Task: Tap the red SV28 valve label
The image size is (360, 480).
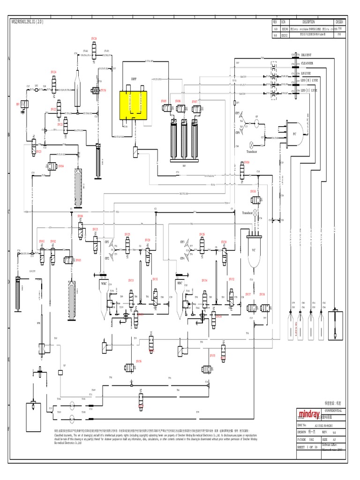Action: click(x=94, y=38)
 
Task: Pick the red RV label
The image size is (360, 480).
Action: click(x=18, y=104)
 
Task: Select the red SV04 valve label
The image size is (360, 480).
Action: click(x=61, y=165)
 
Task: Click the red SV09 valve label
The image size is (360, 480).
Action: click(x=247, y=162)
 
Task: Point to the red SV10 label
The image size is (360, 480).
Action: click(x=253, y=191)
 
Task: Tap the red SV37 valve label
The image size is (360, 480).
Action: click(x=248, y=294)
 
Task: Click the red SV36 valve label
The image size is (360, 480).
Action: click(x=139, y=361)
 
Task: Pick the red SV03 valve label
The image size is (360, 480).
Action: click(x=78, y=260)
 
